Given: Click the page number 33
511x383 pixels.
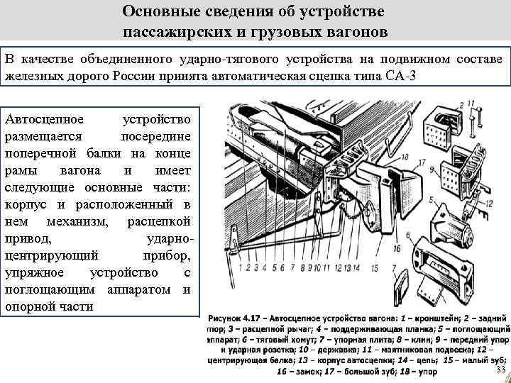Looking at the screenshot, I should (x=500, y=372).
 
